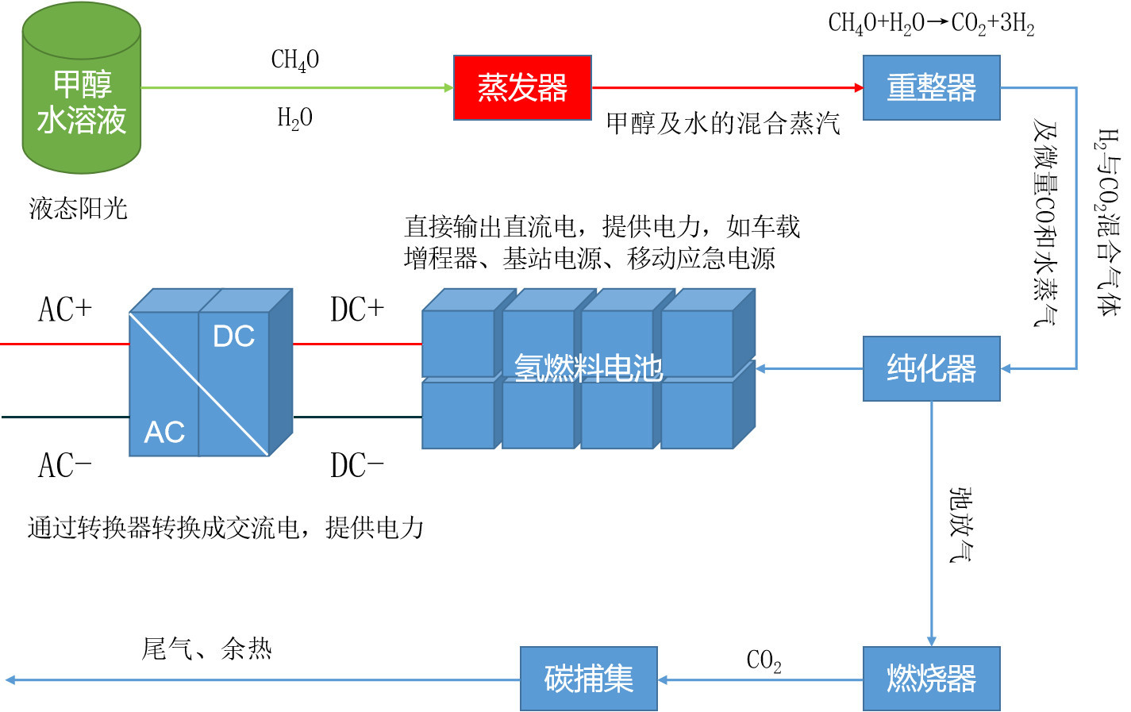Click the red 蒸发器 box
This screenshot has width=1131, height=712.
tap(522, 87)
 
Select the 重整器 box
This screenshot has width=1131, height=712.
tap(931, 87)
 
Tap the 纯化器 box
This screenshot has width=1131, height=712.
tap(931, 368)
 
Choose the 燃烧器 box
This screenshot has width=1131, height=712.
tap(931, 678)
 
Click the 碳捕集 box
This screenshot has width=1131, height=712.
tap(588, 678)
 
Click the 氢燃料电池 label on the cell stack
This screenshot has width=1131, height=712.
tap(588, 368)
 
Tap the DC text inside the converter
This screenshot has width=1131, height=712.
tap(233, 337)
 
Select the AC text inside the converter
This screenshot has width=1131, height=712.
tap(164, 432)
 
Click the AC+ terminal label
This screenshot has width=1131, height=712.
tap(65, 310)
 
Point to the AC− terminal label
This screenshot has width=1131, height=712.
tap(65, 466)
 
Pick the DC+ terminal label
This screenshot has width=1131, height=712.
tap(357, 310)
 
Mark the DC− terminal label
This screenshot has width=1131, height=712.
tap(357, 466)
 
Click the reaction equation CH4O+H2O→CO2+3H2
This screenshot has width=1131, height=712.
tap(931, 23)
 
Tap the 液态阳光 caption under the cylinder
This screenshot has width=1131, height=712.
tap(78, 209)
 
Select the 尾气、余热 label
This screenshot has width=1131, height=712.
tap(207, 648)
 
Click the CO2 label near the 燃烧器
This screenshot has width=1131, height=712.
tap(764, 660)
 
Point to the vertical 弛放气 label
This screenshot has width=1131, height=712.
tap(960, 525)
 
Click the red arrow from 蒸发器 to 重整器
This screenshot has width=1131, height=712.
tap(726, 87)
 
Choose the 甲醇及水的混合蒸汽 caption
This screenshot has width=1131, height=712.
tap(723, 123)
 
